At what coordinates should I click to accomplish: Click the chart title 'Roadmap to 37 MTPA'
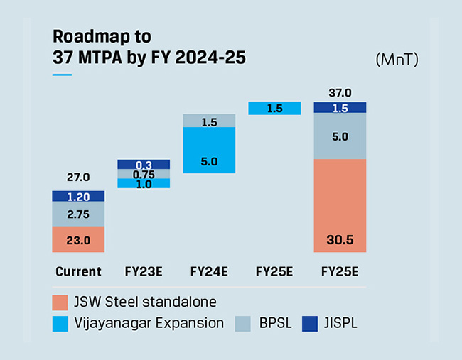(149, 46)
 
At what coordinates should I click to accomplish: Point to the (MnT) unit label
(397, 60)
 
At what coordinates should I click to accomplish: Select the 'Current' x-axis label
(78, 271)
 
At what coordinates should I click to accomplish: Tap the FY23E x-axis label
(144, 271)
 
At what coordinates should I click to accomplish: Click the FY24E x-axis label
(209, 271)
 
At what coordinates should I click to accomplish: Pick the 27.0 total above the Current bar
(78, 178)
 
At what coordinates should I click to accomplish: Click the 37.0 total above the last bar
(340, 92)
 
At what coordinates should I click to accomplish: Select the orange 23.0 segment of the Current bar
(78, 240)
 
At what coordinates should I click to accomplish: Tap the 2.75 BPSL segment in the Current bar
(78, 214)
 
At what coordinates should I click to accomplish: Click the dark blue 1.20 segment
(78, 196)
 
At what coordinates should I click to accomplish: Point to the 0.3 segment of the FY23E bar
(144, 164)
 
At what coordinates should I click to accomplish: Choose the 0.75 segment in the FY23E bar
(144, 174)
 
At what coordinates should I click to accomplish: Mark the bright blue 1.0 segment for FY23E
(144, 183)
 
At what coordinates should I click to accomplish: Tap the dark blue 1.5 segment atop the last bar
(340, 108)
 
